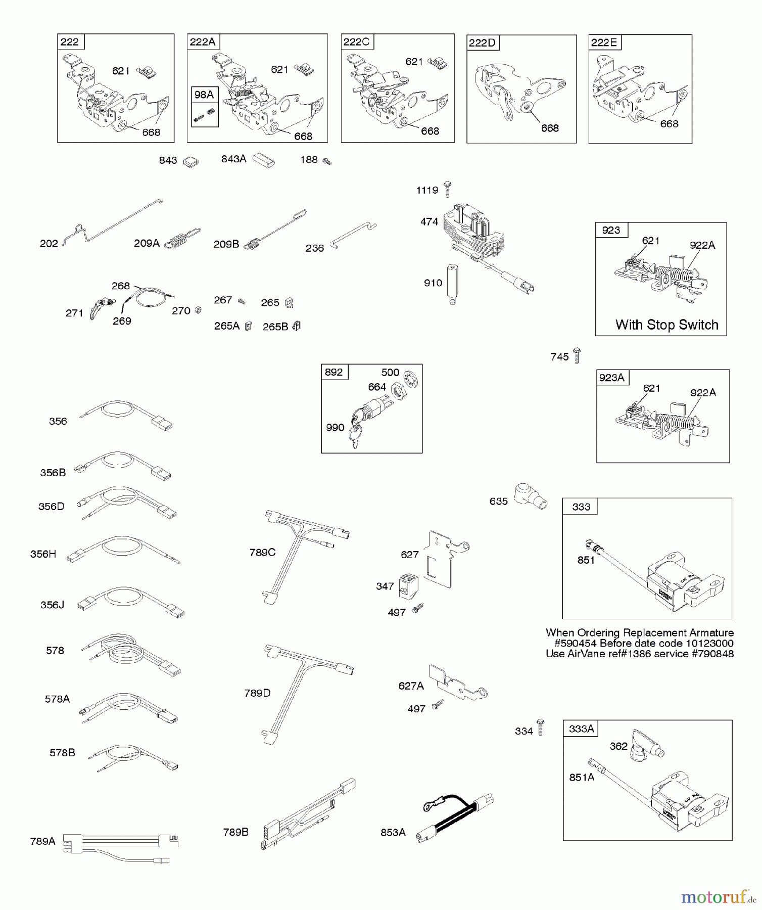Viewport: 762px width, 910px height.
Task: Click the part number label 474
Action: pyautogui.click(x=429, y=221)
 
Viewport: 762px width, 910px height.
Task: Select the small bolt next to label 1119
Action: pyautogui.click(x=447, y=189)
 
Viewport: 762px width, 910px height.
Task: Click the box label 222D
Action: pyautogui.click(x=482, y=43)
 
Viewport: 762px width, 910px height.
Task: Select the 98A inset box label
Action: pyautogui.click(x=204, y=95)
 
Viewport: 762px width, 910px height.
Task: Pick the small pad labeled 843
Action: pyautogui.click(x=190, y=162)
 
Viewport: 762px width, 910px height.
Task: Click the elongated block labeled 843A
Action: pyautogui.click(x=263, y=160)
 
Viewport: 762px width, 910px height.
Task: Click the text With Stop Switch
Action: pyautogui.click(x=666, y=325)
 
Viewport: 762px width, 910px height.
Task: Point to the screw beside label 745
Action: pyautogui.click(x=577, y=355)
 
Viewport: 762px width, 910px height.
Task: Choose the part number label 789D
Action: pyautogui.click(x=257, y=693)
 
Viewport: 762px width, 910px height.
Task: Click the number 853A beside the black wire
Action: pyautogui.click(x=393, y=832)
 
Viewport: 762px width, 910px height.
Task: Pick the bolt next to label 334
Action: pyautogui.click(x=540, y=727)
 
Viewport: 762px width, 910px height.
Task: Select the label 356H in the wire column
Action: pyautogui.click(x=43, y=554)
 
